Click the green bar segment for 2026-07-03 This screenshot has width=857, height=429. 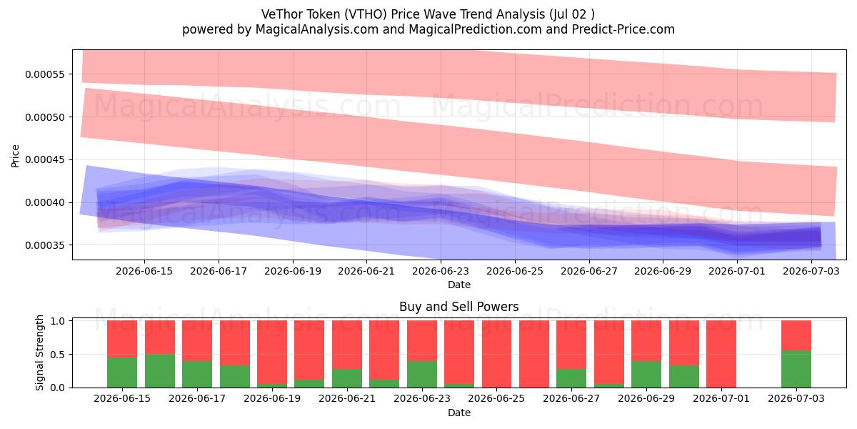[796, 369]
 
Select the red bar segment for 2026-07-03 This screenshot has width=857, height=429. [796, 335]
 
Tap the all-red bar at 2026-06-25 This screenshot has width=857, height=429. [496, 354]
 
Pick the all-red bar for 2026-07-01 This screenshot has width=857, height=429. [721, 354]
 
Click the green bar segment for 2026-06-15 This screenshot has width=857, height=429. [122, 373]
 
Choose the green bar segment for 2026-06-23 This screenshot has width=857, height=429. [422, 374]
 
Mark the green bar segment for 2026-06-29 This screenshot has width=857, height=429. [646, 374]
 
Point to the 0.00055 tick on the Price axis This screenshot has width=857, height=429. [45, 74]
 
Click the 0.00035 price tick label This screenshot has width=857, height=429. [45, 245]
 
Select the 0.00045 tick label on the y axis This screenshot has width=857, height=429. [45, 159]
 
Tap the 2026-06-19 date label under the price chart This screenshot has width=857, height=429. [293, 271]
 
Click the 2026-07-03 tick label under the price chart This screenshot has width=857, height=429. [811, 271]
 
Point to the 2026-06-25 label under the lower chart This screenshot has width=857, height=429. [496, 398]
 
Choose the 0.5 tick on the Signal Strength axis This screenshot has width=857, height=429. [57, 355]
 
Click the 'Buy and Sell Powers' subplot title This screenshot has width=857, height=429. [459, 307]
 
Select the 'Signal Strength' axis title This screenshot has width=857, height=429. [39, 352]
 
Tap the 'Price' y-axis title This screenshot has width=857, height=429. [15, 156]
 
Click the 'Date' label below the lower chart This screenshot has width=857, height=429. [459, 413]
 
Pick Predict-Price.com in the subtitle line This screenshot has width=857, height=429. [623, 29]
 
